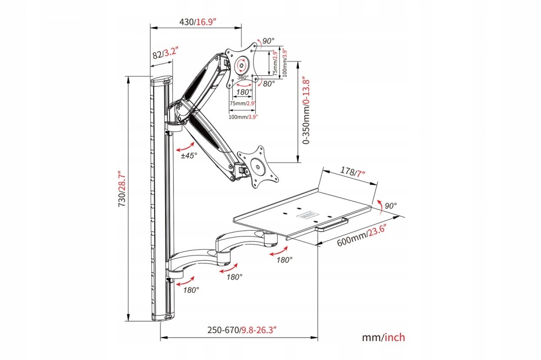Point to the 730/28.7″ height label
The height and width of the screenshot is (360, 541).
[x=121, y=189]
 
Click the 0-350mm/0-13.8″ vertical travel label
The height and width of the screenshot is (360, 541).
[x=307, y=109]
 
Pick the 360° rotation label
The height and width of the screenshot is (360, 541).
[x=243, y=77]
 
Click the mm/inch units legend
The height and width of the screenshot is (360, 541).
[x=383, y=337]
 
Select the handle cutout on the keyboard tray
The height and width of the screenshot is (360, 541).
[x=333, y=222]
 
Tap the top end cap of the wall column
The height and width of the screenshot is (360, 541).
[x=161, y=81]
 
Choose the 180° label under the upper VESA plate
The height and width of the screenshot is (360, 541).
[x=244, y=92]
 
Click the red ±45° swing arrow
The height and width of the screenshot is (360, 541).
[x=187, y=147]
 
